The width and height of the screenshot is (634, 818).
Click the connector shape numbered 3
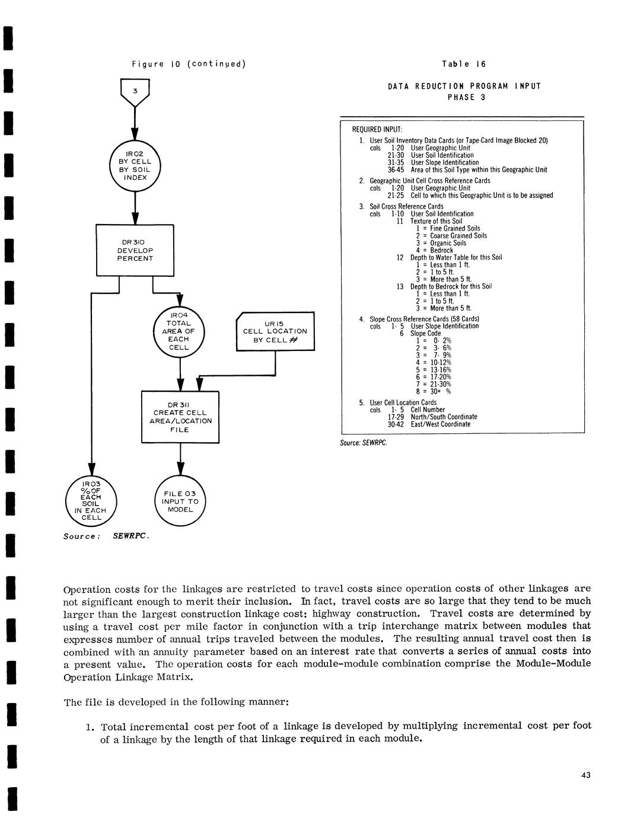(x=135, y=92)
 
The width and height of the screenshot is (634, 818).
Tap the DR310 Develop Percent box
(x=135, y=250)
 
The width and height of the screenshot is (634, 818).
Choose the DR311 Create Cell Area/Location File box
(x=180, y=417)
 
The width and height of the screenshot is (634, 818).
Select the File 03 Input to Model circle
(x=180, y=501)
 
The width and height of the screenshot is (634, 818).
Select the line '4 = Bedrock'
(x=434, y=250)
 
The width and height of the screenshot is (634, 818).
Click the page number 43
(x=586, y=775)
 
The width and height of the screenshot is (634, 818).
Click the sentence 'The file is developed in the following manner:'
(x=176, y=702)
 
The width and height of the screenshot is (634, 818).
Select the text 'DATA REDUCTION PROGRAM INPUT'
(x=464, y=87)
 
